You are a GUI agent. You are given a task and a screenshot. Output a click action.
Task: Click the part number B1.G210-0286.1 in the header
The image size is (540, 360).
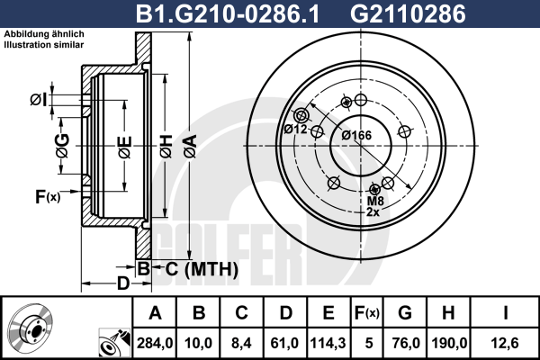click(x=228, y=13)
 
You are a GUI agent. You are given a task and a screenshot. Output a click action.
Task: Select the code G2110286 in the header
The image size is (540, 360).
click(x=408, y=13)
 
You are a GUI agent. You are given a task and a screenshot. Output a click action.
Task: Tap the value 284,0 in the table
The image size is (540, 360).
click(x=155, y=343)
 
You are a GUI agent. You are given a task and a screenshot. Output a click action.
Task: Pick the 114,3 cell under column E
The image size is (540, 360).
click(x=328, y=343)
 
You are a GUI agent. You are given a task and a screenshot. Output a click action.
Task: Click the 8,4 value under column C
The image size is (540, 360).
click(x=241, y=343)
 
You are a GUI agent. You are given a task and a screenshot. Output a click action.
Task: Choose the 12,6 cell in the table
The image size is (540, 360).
click(x=505, y=343)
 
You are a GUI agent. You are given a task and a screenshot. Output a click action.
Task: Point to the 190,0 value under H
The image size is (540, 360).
click(x=449, y=343)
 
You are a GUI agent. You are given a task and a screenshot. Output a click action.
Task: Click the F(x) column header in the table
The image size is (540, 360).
click(x=367, y=313)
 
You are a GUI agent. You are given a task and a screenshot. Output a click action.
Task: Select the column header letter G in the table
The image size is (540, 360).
click(x=405, y=313)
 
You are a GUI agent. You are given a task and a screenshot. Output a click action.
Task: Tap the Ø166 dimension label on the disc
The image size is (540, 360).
click(x=356, y=135)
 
